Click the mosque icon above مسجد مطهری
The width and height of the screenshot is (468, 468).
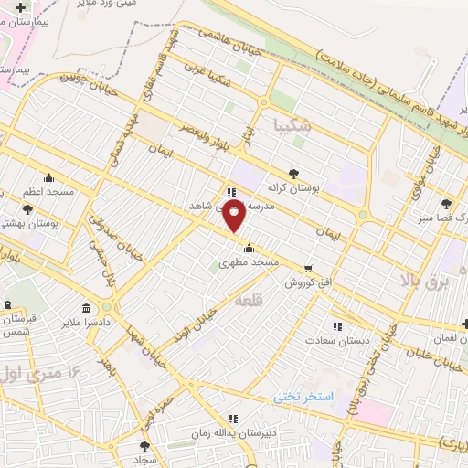pos(250,247)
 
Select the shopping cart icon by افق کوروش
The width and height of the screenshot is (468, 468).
pos(307,269)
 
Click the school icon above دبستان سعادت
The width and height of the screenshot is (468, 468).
pos(337,325)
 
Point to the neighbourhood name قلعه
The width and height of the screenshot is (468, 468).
pos(248,300)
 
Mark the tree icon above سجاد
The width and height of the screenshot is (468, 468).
pos(144,446)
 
